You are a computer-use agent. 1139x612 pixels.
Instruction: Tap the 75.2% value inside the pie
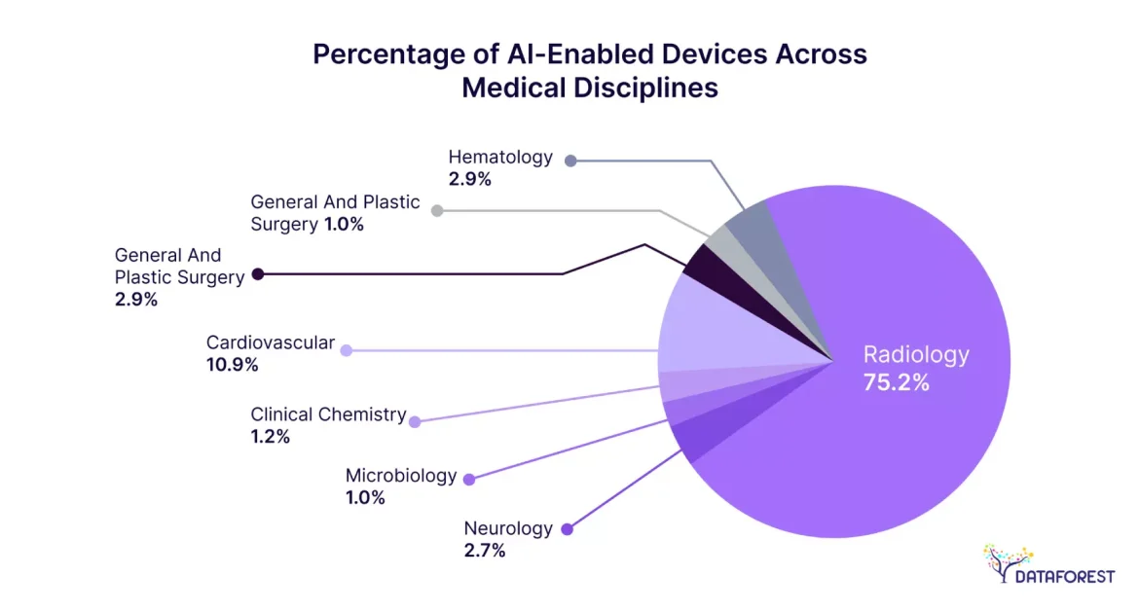[896, 382]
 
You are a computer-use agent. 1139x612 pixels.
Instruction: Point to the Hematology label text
[499, 157]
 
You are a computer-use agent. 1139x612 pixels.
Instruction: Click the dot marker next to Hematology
[571, 160]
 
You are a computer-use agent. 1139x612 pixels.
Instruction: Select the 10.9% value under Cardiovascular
[232, 365]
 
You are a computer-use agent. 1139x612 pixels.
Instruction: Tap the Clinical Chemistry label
[328, 414]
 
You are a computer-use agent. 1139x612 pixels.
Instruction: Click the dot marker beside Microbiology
[469, 479]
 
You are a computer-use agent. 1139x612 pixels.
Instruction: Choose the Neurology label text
[507, 528]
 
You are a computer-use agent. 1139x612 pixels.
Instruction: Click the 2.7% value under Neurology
[484, 551]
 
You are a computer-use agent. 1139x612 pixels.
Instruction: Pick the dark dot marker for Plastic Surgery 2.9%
[258, 274]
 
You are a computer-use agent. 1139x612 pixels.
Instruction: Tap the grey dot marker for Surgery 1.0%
[437, 210]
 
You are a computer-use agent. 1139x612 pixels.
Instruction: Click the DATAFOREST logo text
[1064, 576]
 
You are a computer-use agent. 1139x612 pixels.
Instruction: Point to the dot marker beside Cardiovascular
[346, 348]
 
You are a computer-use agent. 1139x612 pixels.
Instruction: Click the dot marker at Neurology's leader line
[568, 529]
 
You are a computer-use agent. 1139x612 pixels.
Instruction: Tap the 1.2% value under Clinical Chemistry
[270, 437]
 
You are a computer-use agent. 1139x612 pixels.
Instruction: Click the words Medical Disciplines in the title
[589, 88]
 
